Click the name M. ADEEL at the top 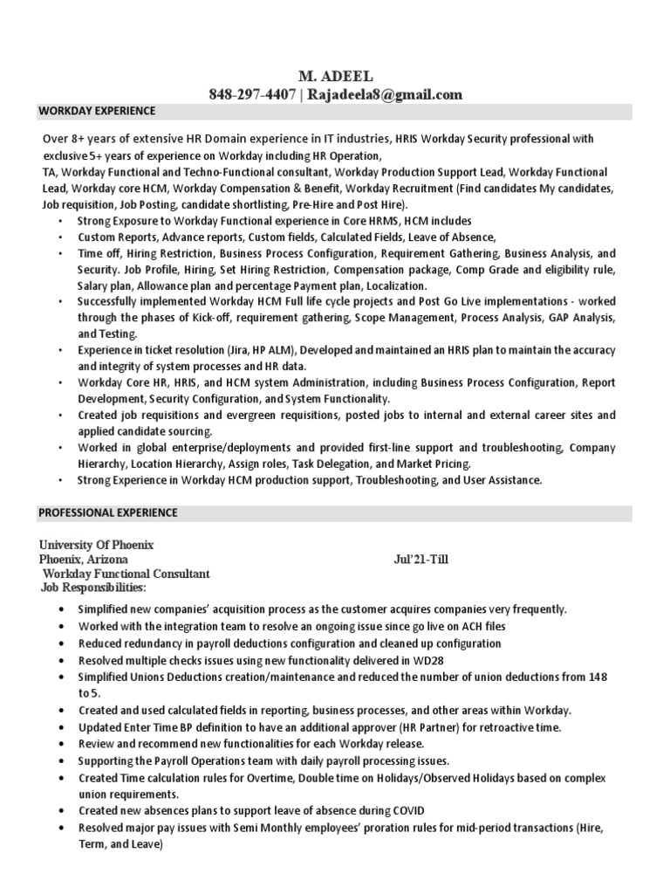[335, 78]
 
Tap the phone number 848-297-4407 [248, 94]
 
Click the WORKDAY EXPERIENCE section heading [97, 112]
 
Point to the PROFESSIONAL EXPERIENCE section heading [108, 512]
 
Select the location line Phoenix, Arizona [83, 559]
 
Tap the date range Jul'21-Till [421, 559]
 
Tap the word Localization [396, 285]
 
